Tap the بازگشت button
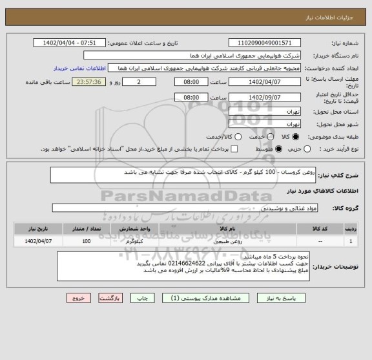[114, 299]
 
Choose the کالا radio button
[296, 136]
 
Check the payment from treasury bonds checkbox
[234, 149]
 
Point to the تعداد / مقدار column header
[87, 229]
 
